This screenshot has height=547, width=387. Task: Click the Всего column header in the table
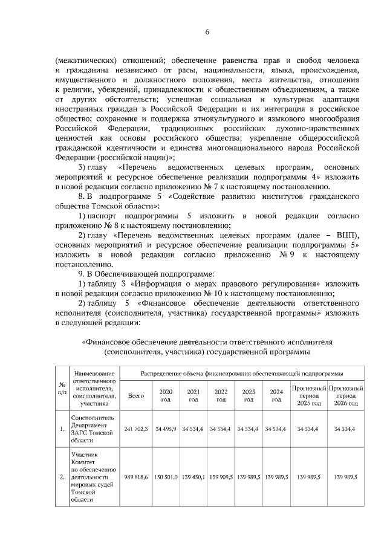[x=136, y=396]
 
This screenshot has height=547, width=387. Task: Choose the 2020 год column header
[x=165, y=396]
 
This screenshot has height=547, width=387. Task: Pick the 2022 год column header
[x=221, y=396]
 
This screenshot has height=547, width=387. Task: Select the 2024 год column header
[x=276, y=396]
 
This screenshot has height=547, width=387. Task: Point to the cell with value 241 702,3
[x=136, y=429]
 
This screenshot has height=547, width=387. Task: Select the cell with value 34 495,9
[x=165, y=429]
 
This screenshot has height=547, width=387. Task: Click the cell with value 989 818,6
[x=136, y=477]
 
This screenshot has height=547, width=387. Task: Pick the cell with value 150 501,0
[x=165, y=477]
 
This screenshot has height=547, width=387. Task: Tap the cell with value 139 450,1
[x=193, y=477]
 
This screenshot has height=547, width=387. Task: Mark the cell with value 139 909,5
[x=221, y=477]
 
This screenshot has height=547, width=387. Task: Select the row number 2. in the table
[x=62, y=477]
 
